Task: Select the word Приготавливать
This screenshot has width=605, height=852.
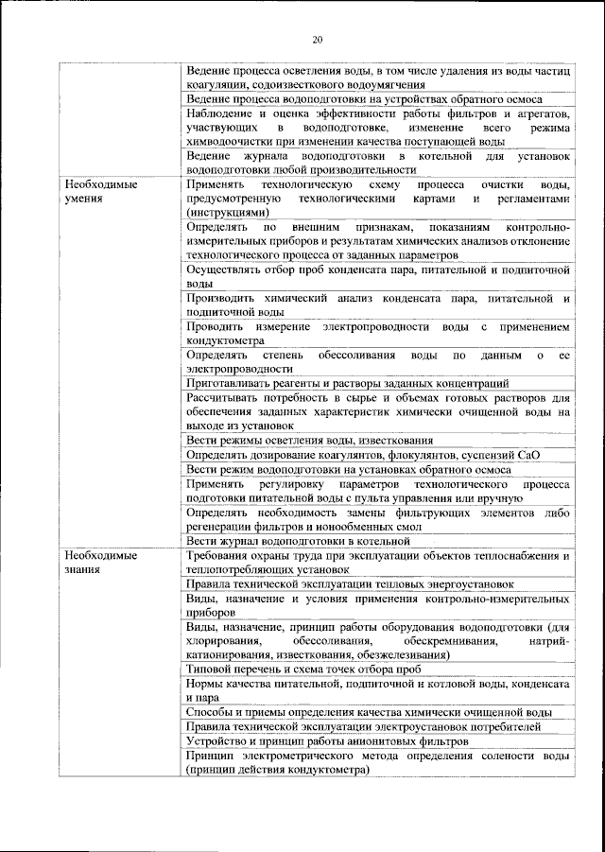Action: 229,383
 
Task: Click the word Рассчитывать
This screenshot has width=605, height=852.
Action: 226,397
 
